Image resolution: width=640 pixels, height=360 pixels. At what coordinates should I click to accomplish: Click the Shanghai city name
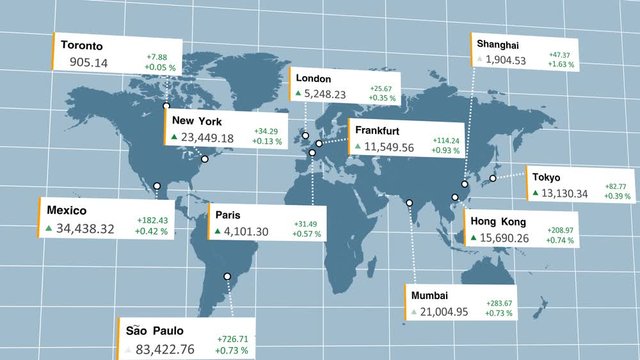click(x=498, y=45)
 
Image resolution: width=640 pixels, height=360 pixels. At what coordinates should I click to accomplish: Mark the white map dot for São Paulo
click(x=227, y=276)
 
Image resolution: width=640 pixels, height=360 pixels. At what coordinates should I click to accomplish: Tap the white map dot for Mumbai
click(x=410, y=205)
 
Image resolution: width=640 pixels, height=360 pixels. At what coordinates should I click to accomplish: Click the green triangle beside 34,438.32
click(x=47, y=229)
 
